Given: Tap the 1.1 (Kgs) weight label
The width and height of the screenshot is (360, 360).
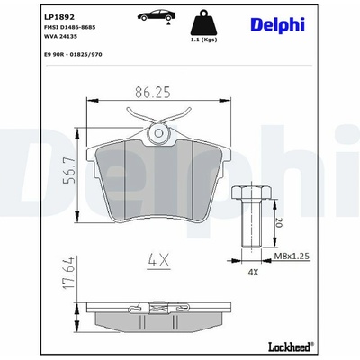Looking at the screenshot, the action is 203,40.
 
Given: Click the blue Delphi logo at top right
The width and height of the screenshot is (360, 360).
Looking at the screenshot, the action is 277,25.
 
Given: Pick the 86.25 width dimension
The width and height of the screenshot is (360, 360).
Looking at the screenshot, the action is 153,92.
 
